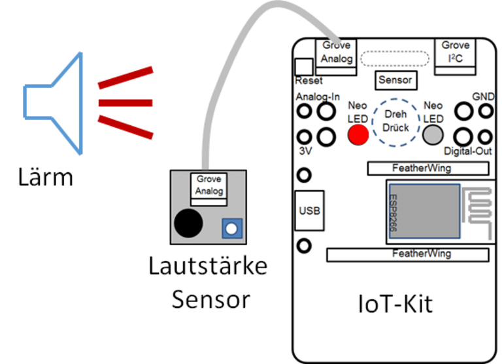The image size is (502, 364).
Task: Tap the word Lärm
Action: (44, 177)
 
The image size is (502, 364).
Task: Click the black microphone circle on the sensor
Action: (188, 223)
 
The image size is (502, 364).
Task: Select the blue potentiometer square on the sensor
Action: (231, 228)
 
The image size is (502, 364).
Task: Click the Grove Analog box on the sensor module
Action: (209, 185)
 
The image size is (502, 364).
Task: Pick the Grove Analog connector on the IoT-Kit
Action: (337, 52)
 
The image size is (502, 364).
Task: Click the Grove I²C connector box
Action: (456, 52)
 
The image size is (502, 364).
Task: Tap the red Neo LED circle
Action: (358, 134)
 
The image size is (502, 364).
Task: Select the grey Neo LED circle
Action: (433, 135)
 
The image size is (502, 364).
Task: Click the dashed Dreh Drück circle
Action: (395, 121)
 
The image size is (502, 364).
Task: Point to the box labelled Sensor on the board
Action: (395, 80)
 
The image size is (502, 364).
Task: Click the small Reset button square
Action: (304, 67)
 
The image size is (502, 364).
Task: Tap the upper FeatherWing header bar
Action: (427, 168)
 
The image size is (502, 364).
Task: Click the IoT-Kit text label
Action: (395, 303)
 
